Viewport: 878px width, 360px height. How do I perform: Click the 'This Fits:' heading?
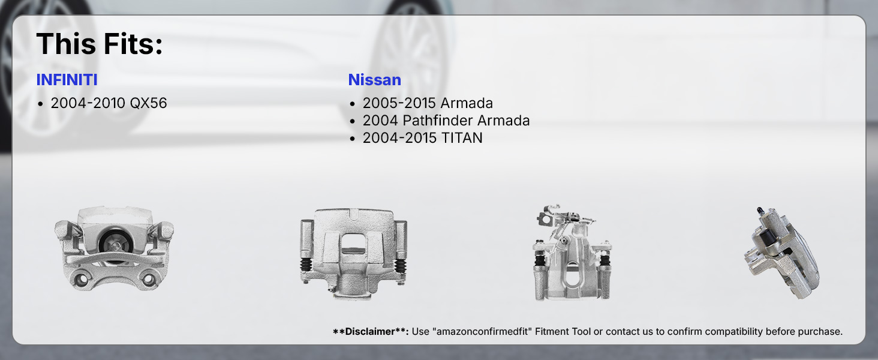pos(99,44)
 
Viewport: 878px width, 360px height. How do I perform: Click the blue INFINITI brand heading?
pos(67,80)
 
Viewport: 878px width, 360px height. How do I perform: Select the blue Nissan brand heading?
pos(374,80)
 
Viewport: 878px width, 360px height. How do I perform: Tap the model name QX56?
pos(148,103)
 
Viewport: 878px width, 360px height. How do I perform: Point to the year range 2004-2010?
pos(88,103)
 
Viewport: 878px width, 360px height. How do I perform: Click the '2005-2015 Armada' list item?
pos(428,103)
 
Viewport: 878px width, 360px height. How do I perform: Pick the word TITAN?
pos(462,138)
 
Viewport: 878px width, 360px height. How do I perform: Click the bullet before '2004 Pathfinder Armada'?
pos(353,122)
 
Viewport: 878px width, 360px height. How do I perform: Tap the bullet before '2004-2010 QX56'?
pos(40,104)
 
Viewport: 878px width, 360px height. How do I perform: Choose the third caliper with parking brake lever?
pos(572,253)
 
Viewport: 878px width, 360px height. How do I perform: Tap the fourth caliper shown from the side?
pos(782,253)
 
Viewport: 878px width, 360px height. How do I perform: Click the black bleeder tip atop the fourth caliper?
pos(760,211)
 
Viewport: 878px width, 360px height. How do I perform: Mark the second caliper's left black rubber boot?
pos(306,265)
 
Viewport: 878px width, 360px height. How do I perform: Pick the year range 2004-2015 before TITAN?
pos(400,138)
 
